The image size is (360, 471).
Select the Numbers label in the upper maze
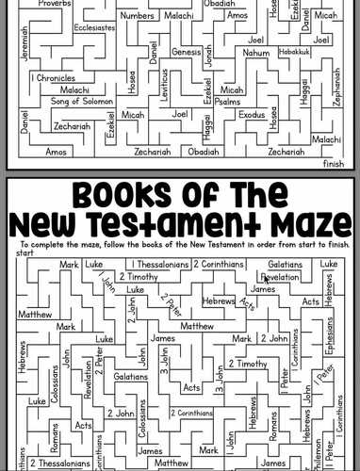click(139, 16)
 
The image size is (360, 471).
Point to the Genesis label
click(187, 52)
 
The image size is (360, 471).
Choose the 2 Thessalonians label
click(60, 463)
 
